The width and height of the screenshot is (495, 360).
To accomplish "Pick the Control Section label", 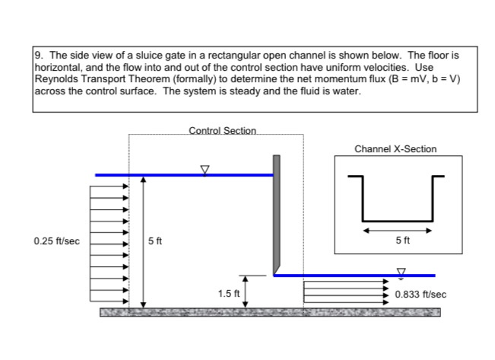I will (x=222, y=131).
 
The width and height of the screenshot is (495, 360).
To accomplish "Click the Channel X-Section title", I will (x=395, y=149).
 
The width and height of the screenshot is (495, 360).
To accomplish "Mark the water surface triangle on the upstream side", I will (x=204, y=169).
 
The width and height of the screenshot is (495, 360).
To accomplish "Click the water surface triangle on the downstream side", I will (x=401, y=269).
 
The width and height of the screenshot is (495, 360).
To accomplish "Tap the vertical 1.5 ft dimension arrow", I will (x=246, y=292).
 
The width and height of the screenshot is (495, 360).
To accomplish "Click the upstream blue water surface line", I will (x=182, y=175).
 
